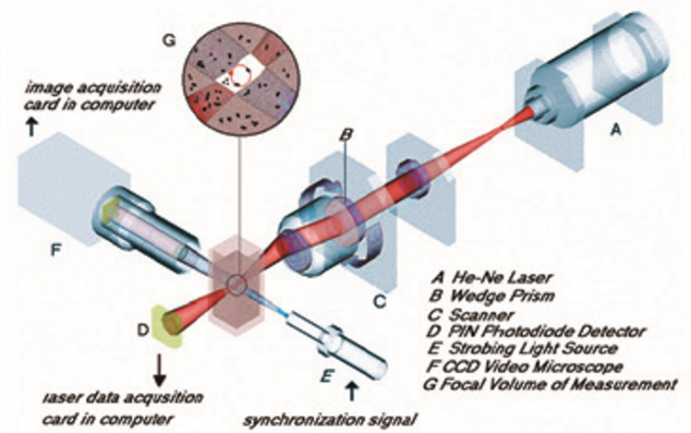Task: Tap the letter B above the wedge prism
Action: [x=345, y=135]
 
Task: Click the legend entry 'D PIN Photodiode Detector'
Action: [x=535, y=330]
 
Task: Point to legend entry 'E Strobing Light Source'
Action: [x=528, y=348]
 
